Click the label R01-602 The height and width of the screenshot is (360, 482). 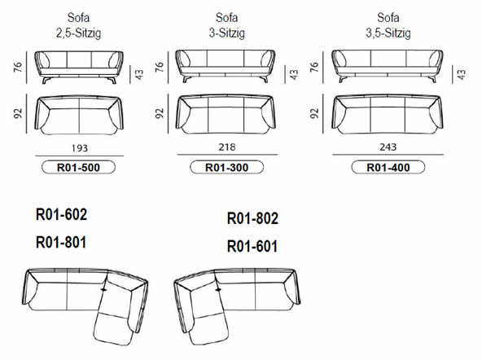pos(60,215)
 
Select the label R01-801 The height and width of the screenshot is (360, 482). pos(60,242)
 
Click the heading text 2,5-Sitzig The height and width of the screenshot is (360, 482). pos(78,33)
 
